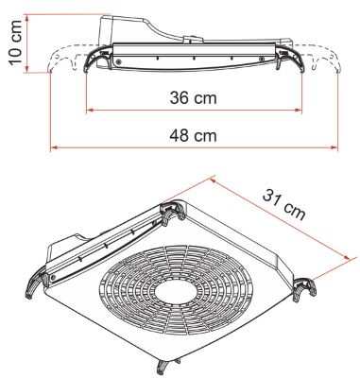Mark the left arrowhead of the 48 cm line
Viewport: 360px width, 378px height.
pos(54,147)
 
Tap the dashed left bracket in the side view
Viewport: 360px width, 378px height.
pos(66,67)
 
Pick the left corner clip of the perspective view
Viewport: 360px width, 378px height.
pos(34,281)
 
